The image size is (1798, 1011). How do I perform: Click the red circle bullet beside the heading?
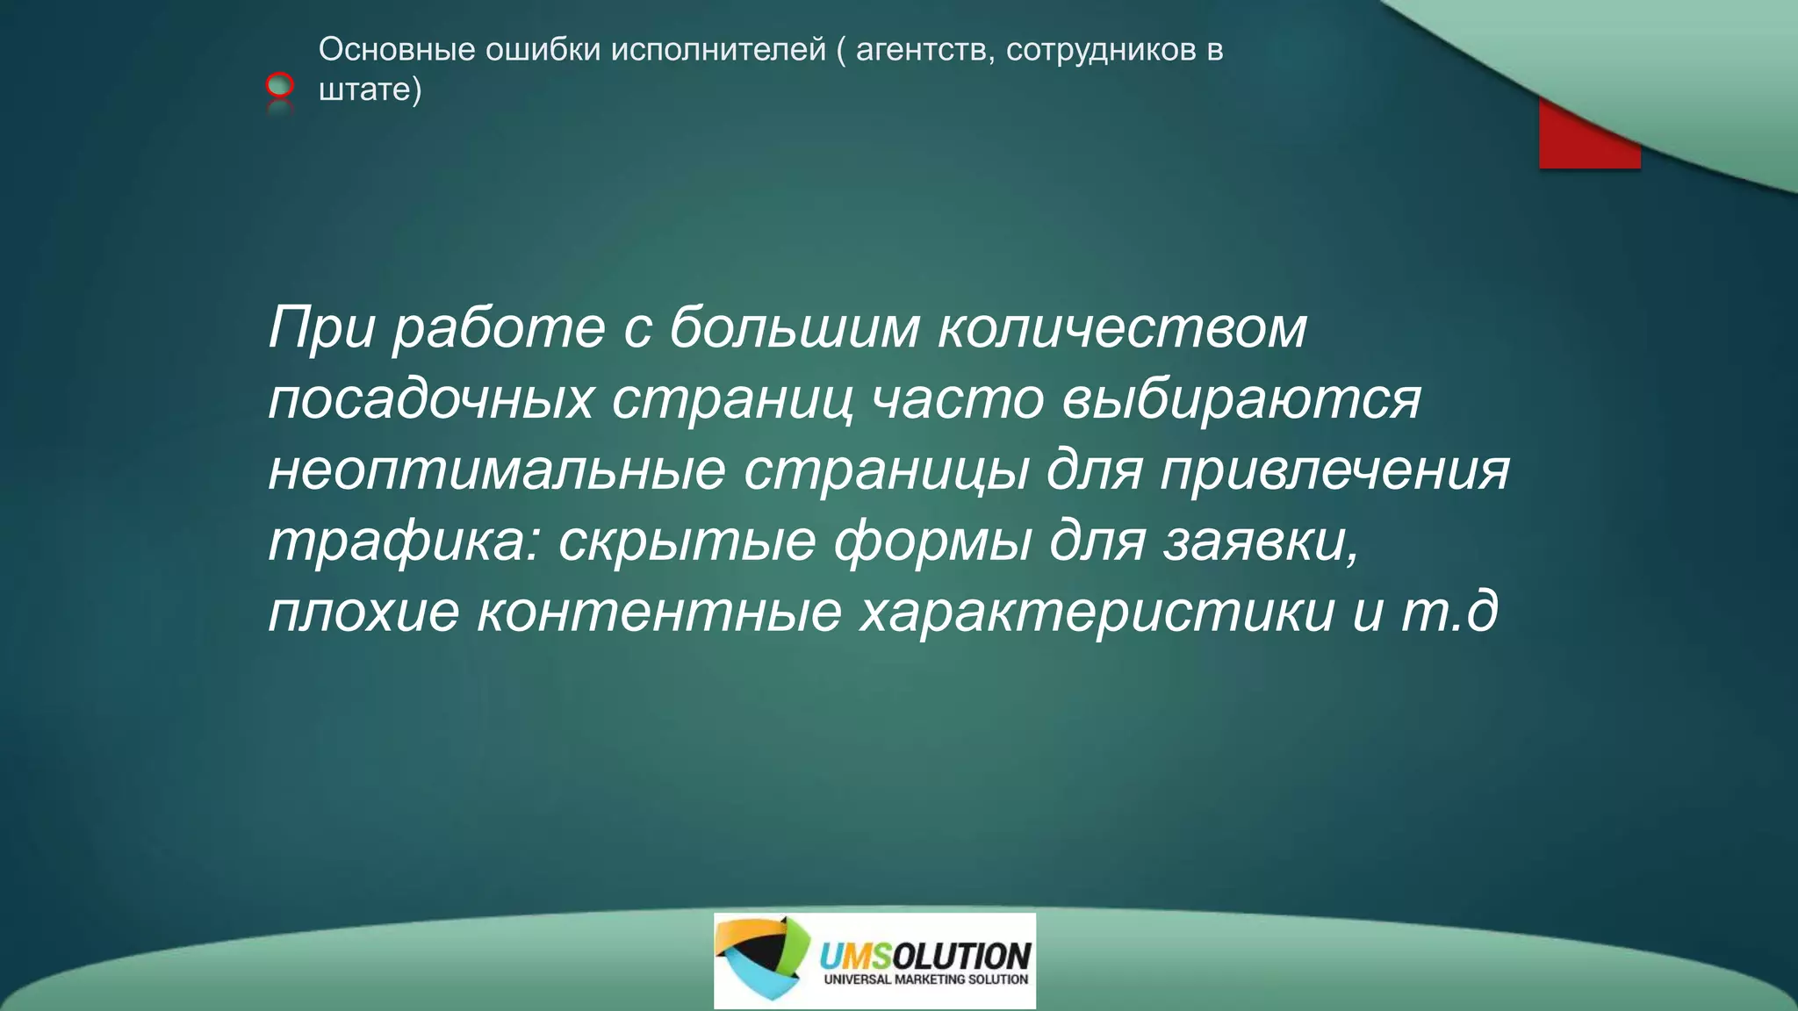click(x=279, y=85)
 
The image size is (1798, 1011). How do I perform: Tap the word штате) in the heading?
click(x=370, y=89)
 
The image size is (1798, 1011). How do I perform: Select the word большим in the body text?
click(x=794, y=328)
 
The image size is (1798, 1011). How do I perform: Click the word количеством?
click(x=1122, y=328)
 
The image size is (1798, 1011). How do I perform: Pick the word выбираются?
click(x=1241, y=399)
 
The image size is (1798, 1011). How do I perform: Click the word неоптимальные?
click(x=496, y=470)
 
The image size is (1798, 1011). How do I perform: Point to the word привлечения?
click(x=1334, y=470)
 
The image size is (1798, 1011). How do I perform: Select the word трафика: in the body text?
click(x=404, y=541)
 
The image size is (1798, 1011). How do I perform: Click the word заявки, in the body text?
click(x=1262, y=541)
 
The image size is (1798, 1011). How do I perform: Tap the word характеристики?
click(x=1097, y=613)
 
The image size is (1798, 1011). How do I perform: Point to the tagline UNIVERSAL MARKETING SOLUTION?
click(x=925, y=979)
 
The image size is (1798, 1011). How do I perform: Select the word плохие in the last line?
click(x=363, y=613)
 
